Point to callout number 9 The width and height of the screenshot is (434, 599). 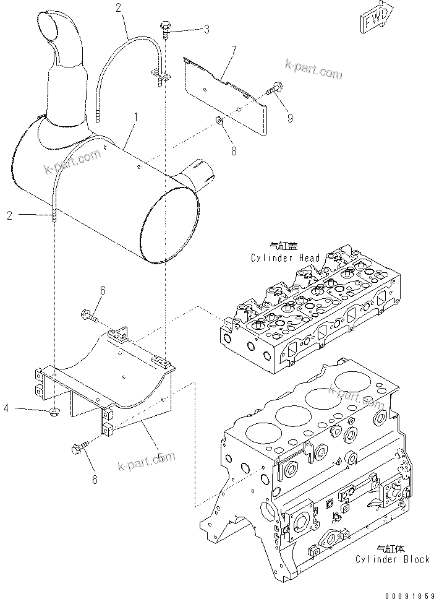[x=290, y=118]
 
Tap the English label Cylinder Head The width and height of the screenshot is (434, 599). [x=286, y=258]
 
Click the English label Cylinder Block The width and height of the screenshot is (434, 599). [x=392, y=559]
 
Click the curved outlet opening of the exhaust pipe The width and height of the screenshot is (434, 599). [x=49, y=28]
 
